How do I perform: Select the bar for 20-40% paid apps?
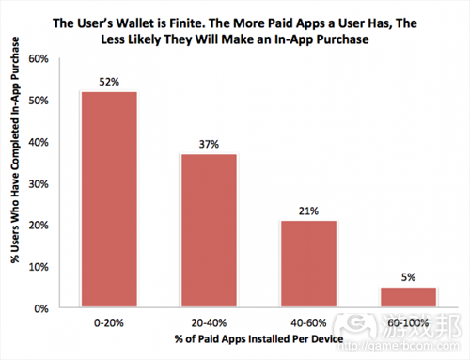click(x=208, y=230)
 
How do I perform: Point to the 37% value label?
click(x=208, y=145)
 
